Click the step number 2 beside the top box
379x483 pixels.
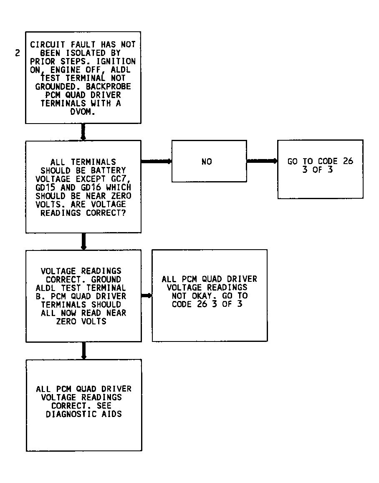click(x=17, y=53)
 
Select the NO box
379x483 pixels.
click(x=209, y=161)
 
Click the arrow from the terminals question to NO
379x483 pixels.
click(x=157, y=161)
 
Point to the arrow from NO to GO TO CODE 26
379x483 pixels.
click(x=262, y=161)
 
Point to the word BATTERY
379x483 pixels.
click(x=108, y=171)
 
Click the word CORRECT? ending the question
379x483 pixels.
click(x=106, y=213)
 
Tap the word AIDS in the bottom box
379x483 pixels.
click(x=112, y=414)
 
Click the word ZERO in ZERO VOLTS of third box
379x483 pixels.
click(x=66, y=321)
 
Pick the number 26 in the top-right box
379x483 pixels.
click(x=348, y=161)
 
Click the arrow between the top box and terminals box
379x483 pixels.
click(x=83, y=132)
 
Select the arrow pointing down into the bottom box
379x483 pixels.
click(x=84, y=351)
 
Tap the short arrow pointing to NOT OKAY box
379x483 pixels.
click(x=147, y=296)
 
